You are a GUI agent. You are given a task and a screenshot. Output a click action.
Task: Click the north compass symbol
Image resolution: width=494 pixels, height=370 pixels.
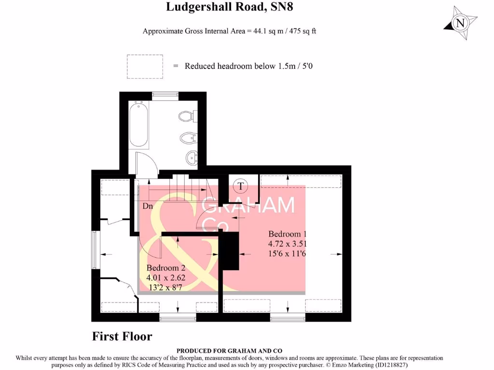point(460,23)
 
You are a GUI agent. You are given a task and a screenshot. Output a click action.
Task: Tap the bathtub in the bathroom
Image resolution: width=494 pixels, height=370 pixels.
point(138,124)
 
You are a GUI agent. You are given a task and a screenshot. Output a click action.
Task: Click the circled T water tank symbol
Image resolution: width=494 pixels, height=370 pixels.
point(240,185)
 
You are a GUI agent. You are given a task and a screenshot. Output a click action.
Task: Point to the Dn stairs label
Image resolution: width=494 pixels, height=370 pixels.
point(148,206)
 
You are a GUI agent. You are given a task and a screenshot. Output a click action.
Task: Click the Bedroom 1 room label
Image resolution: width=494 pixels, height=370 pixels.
point(288,234)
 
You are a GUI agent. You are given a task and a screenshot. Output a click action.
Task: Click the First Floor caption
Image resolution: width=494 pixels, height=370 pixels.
point(122,336)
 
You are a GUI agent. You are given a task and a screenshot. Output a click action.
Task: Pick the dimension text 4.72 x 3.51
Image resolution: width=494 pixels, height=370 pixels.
point(288,244)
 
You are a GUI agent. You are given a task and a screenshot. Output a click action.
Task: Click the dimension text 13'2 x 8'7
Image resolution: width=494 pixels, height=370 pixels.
point(166,287)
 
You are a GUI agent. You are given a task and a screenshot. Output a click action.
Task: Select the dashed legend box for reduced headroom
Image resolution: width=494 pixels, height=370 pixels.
point(145,66)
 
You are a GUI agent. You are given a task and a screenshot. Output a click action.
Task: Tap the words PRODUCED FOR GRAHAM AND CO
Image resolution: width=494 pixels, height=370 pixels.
point(230,351)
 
